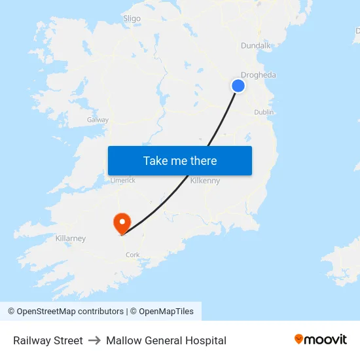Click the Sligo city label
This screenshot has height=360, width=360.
click(132, 18)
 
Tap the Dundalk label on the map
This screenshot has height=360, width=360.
click(255, 45)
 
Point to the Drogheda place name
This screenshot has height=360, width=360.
click(258, 75)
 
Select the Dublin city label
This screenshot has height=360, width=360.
click(264, 112)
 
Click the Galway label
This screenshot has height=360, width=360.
click(98, 120)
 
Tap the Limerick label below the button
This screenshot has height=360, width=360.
click(122, 180)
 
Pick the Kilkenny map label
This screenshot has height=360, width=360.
click(205, 180)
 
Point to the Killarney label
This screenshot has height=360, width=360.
click(71, 238)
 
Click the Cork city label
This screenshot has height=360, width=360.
click(133, 255)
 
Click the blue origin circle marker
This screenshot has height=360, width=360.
click(238, 86)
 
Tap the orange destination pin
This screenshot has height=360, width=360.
click(122, 223)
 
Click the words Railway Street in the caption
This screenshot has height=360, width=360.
click(48, 340)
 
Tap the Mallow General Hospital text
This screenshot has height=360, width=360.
click(166, 340)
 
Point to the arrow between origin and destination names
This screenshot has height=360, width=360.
click(94, 340)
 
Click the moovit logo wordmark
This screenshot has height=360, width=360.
click(326, 339)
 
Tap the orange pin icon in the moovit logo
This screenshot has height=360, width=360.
click(299, 339)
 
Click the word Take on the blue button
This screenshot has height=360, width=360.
click(156, 161)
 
